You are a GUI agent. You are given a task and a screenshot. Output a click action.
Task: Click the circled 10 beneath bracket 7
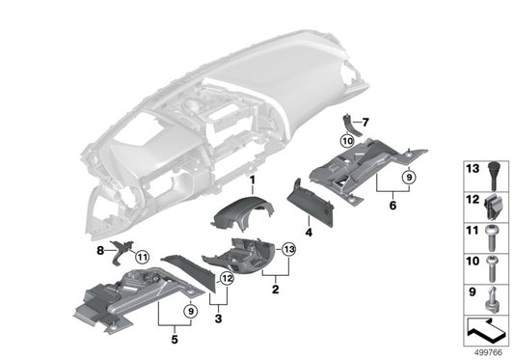(347, 140)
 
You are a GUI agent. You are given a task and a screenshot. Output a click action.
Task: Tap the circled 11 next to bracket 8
(143, 257)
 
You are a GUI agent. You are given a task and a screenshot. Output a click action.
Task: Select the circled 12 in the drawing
(227, 279)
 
